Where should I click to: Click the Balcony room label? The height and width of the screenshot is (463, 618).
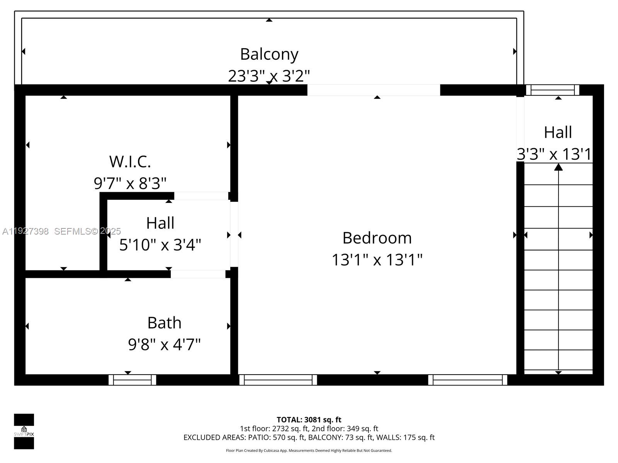(x=269, y=54)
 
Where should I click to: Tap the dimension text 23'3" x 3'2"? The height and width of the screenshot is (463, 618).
(x=269, y=76)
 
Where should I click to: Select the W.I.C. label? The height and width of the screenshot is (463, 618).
(x=130, y=162)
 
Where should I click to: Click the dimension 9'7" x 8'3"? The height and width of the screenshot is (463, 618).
(x=130, y=183)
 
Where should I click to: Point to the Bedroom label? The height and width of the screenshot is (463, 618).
(x=377, y=238)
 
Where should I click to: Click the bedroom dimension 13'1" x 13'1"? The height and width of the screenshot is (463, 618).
(x=377, y=260)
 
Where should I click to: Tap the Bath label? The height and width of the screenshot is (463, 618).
(x=164, y=323)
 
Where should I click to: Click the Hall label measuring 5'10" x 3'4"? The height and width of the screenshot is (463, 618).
(x=160, y=223)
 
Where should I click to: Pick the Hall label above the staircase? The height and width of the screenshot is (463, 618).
(x=558, y=132)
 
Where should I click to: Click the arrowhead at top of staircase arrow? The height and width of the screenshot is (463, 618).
(x=558, y=167)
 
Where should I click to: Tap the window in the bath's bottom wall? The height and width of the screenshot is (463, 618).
(x=132, y=380)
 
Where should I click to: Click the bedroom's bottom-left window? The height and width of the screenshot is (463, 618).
(x=278, y=380)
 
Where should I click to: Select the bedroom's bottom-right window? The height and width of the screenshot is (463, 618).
(x=468, y=380)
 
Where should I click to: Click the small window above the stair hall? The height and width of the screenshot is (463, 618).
(x=552, y=90)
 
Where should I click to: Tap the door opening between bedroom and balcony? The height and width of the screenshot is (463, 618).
(x=374, y=90)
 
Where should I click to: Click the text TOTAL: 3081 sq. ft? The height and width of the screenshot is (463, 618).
(x=309, y=420)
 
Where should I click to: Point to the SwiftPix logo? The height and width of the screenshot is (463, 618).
(x=24, y=431)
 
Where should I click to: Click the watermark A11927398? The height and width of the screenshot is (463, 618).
(x=25, y=231)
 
